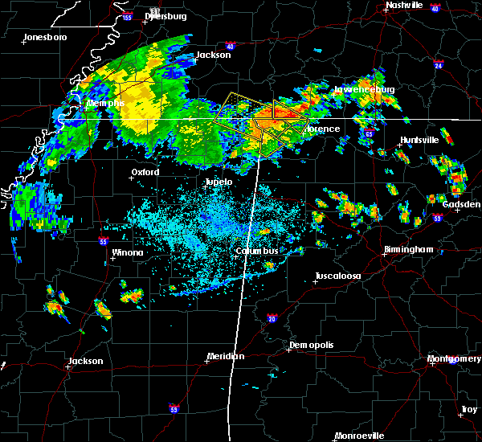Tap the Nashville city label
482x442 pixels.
pyautogui.click(x=404, y=5)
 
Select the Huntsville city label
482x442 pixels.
pyautogui.click(x=419, y=140)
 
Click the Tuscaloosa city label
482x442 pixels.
pyautogui.click(x=337, y=276)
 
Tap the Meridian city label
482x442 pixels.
pyautogui.click(x=227, y=356)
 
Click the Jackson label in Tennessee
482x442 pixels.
pyautogui.click(x=213, y=55)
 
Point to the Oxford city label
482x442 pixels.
pyautogui.click(x=145, y=172)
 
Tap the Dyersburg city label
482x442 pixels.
pyautogui.click(x=166, y=16)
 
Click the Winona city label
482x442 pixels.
pyautogui.click(x=128, y=253)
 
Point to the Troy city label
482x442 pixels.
pyautogui.click(x=468, y=410)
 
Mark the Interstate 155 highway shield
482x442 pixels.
pyautogui.click(x=127, y=16)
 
